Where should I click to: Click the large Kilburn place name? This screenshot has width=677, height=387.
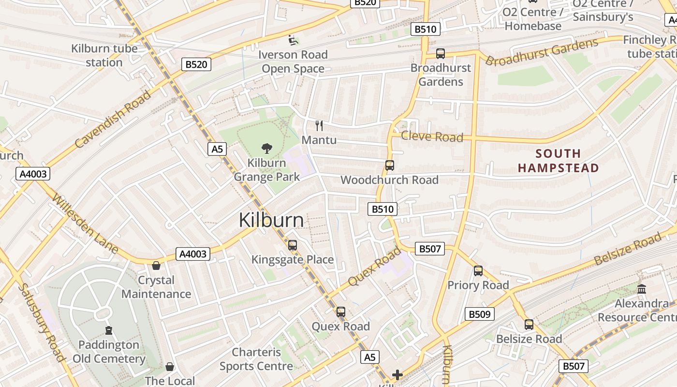[271, 220]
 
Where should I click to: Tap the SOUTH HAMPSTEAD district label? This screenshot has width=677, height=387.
[559, 161]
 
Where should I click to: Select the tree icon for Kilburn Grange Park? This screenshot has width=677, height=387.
[266, 149]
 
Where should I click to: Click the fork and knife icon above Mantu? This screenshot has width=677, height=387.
[319, 126]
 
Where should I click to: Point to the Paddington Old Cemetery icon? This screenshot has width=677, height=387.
[109, 330]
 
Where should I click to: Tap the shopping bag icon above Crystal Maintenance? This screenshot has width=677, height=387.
[156, 266]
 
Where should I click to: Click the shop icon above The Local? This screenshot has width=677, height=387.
[169, 367]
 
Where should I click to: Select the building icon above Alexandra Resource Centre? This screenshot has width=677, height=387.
[642, 289]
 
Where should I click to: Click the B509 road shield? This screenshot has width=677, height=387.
[480, 314]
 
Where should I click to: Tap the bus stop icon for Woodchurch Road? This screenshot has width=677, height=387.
[389, 165]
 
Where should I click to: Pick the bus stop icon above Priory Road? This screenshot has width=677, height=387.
[478, 271]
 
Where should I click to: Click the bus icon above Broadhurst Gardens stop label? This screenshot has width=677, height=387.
[440, 54]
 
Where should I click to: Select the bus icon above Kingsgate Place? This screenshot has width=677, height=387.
[292, 245]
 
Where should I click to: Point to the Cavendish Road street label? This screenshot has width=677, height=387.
[113, 119]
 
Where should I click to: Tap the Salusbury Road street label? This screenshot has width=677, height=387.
[41, 322]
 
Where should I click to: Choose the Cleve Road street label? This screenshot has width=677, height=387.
[432, 137]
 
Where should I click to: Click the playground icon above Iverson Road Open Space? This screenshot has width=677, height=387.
[293, 40]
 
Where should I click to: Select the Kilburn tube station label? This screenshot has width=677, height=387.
[104, 55]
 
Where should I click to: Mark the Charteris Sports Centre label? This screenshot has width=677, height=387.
[256, 359]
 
